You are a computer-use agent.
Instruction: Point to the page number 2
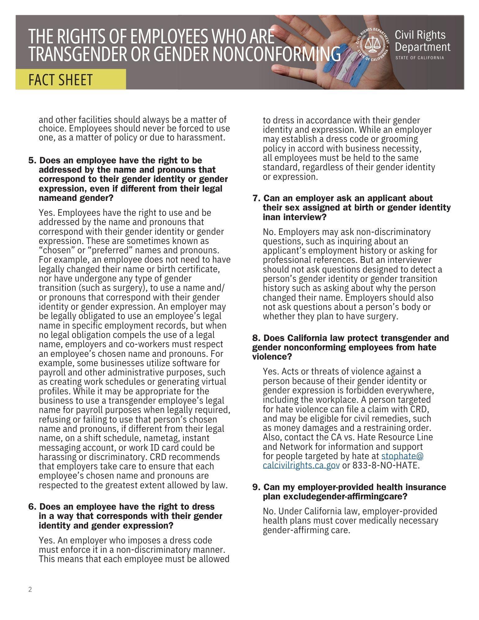tap(30, 589)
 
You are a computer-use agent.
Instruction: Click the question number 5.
tap(32, 161)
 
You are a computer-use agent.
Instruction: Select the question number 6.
tap(32, 507)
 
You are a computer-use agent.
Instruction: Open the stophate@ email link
tap(402, 456)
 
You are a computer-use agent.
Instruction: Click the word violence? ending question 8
tap(272, 357)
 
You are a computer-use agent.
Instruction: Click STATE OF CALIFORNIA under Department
tap(419, 58)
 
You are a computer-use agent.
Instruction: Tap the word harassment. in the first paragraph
tap(201, 138)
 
